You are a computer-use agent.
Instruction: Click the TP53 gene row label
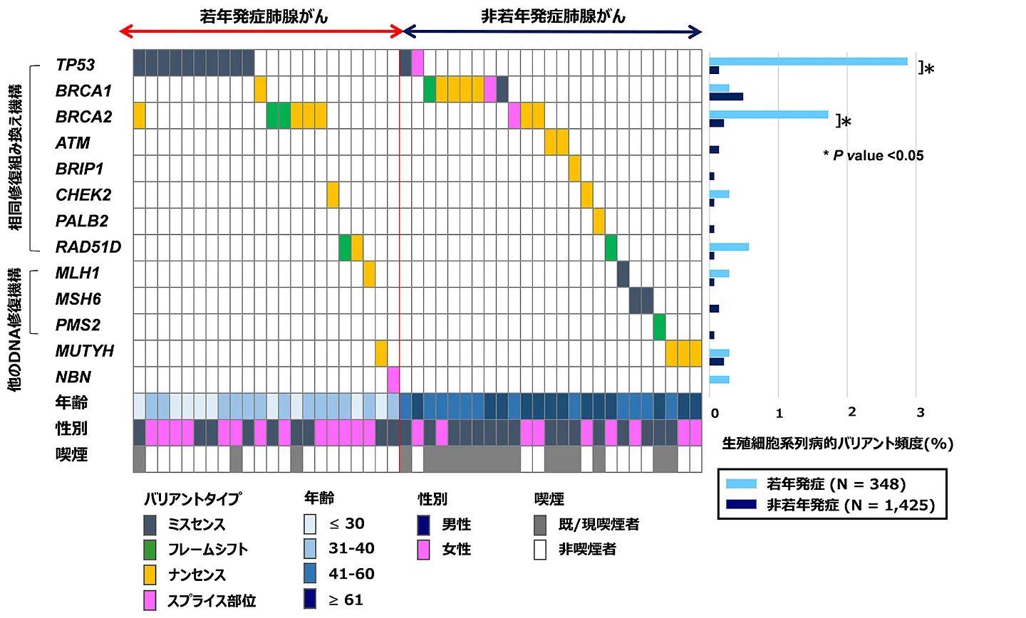[x=75, y=65]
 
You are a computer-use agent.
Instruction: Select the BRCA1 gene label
[x=83, y=91]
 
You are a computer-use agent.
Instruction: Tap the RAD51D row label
[x=88, y=247]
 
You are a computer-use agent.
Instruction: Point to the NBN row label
[x=73, y=377]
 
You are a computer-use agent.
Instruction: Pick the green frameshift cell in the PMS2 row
[x=659, y=327]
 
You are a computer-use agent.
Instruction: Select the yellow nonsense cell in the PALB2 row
[x=598, y=221]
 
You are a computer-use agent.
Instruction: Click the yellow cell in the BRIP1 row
[x=575, y=169]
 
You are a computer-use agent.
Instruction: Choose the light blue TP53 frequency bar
[x=808, y=61]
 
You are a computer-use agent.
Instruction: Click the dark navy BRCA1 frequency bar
[x=726, y=97]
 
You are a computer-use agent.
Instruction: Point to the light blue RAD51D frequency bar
[x=729, y=247]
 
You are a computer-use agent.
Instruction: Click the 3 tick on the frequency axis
[x=921, y=413]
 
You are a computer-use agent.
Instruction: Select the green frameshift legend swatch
[x=150, y=550]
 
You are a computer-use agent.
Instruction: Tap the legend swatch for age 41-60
[x=310, y=574]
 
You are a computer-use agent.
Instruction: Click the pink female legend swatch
[x=424, y=550]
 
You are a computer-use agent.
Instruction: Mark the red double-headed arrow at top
[x=261, y=31]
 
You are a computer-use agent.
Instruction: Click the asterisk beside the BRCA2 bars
[x=846, y=122]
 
